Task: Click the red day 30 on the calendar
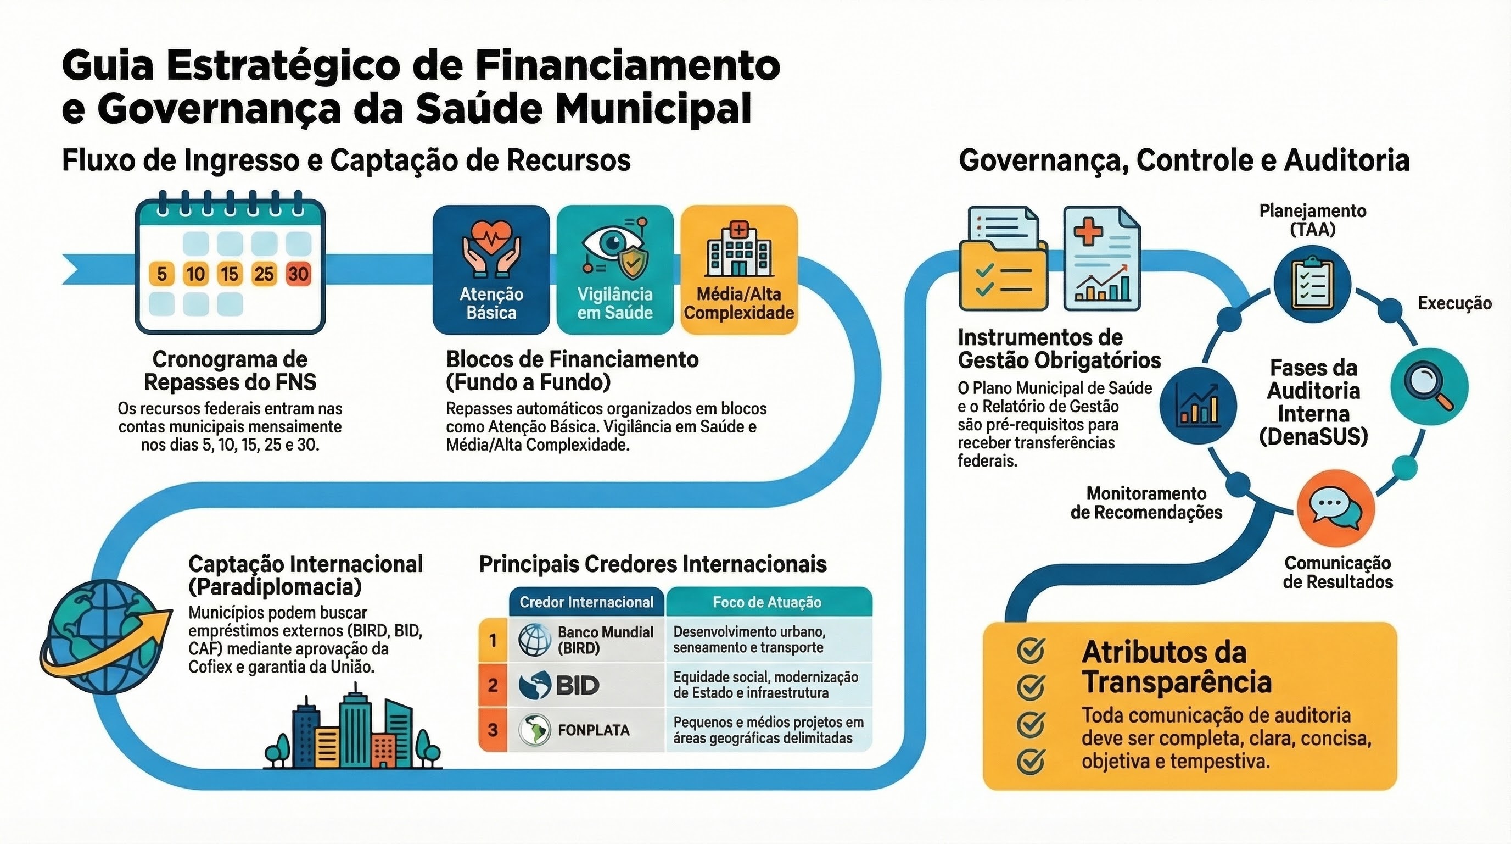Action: pyautogui.click(x=298, y=274)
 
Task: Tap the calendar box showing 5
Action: pyautogui.click(x=162, y=274)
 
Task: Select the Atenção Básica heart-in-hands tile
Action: pyautogui.click(x=491, y=269)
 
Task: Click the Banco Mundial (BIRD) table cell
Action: pyautogui.click(x=586, y=640)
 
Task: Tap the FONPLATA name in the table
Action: pyautogui.click(x=594, y=730)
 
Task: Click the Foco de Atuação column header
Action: pyautogui.click(x=767, y=602)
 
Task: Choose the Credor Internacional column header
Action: pyautogui.click(x=586, y=602)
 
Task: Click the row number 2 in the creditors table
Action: pyautogui.click(x=493, y=685)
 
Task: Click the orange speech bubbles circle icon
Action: pyautogui.click(x=1336, y=508)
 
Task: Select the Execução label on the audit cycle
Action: pyautogui.click(x=1454, y=303)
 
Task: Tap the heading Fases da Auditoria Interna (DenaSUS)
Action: pyautogui.click(x=1313, y=402)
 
